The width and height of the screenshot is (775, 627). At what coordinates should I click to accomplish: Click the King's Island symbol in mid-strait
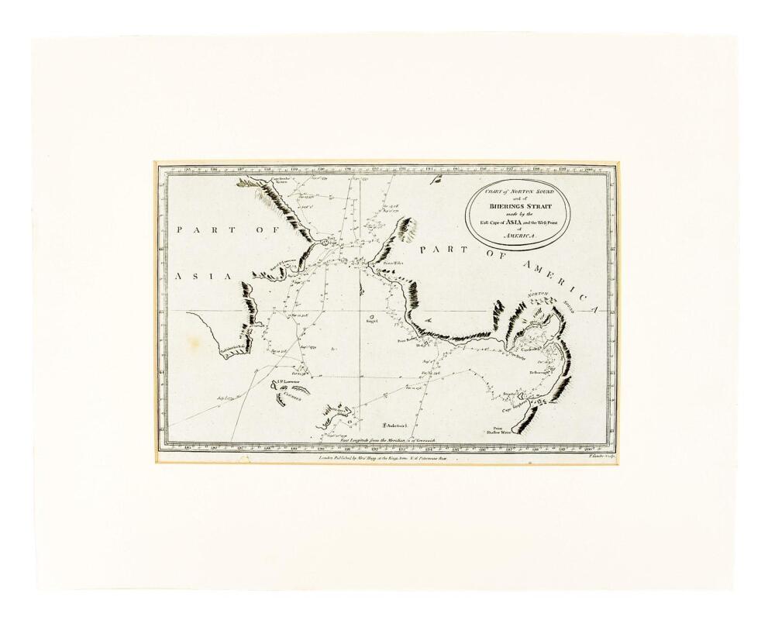point(371,316)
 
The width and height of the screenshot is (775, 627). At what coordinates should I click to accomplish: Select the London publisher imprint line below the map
point(383,458)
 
